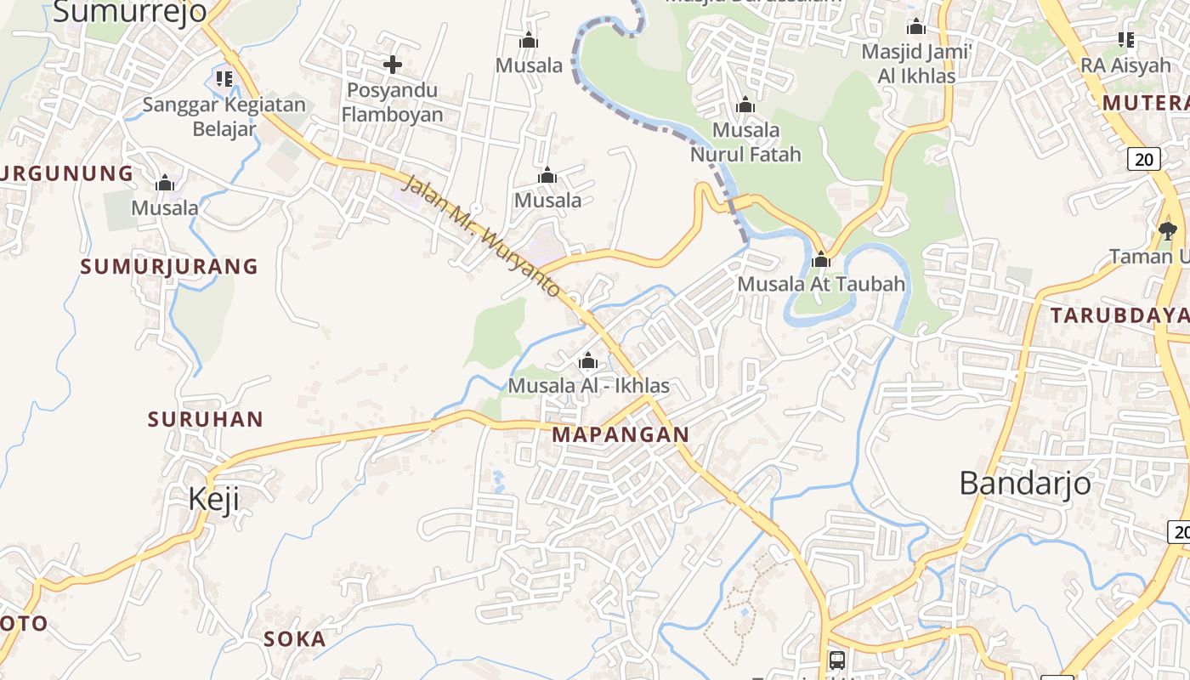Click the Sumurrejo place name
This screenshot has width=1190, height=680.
click(130, 12)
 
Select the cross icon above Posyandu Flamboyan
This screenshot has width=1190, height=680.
click(392, 64)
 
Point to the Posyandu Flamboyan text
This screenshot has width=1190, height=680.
click(392, 102)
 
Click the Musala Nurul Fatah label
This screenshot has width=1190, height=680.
click(745, 142)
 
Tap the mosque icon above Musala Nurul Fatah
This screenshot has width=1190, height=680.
click(745, 105)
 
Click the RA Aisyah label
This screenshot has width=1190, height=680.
click(1125, 65)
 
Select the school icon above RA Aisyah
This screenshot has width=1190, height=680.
click(1126, 39)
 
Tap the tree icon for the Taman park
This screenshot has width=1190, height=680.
click(1168, 229)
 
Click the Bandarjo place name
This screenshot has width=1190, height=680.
click(1025, 483)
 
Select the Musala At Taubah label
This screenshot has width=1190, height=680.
click(821, 284)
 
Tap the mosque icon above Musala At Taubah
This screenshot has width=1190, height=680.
click(821, 259)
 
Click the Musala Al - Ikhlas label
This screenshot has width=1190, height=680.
click(588, 386)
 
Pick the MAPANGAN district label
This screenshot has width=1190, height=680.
click(620, 434)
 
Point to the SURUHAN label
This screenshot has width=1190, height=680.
click(206, 419)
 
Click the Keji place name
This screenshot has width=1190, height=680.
click(213, 499)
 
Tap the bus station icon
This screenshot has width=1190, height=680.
click(837, 660)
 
